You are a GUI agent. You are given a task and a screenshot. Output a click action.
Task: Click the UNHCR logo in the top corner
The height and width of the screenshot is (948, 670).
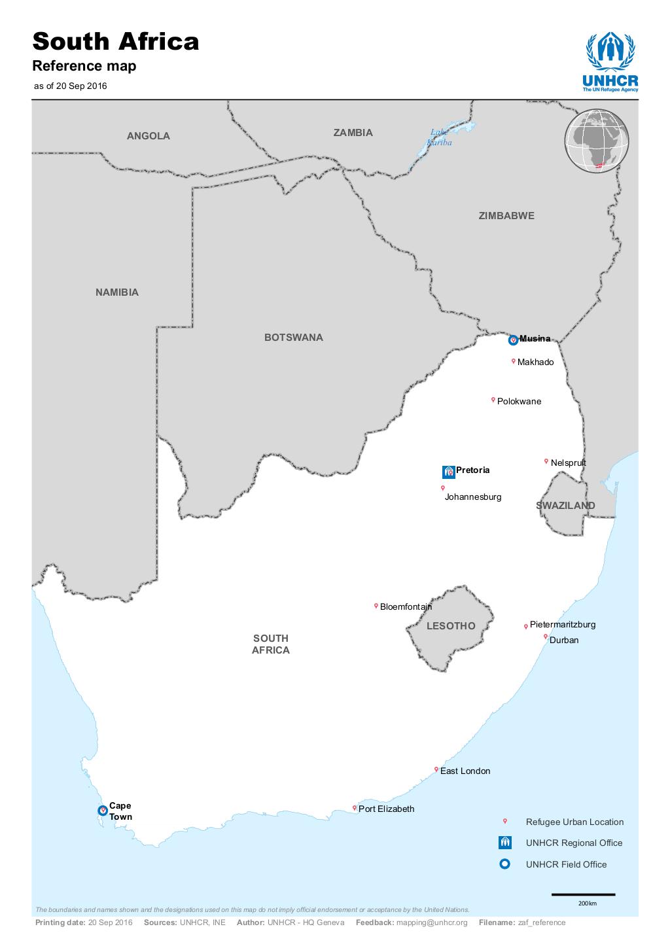[x=610, y=63]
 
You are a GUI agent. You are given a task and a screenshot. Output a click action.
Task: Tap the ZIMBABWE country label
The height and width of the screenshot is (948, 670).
[x=506, y=216]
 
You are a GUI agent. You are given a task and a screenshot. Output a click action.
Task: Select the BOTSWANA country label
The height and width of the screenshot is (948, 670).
[x=293, y=338]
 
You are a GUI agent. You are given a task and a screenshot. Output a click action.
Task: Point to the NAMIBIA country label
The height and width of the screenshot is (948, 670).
[x=117, y=292]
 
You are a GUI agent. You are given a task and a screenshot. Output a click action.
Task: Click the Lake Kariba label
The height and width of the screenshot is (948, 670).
[x=439, y=137]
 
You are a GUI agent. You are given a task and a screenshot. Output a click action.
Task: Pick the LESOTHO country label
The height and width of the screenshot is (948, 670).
[x=451, y=626]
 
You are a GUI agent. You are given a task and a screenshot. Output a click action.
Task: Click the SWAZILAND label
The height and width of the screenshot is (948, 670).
[x=565, y=506]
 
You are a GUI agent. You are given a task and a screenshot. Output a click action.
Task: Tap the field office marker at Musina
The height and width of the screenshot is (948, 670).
[x=513, y=340]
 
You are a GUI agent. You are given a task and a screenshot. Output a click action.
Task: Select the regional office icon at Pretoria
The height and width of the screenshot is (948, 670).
[x=448, y=471]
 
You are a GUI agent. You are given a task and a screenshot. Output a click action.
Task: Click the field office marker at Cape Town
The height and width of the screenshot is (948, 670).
[x=102, y=811]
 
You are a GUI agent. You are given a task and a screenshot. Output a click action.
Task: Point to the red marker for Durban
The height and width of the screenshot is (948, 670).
[x=546, y=637]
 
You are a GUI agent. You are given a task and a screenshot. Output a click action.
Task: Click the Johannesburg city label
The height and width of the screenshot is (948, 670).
[x=473, y=497]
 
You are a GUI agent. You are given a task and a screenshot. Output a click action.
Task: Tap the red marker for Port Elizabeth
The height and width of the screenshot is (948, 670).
[x=355, y=808]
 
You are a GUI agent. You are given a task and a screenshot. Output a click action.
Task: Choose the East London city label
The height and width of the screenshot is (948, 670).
[x=465, y=771]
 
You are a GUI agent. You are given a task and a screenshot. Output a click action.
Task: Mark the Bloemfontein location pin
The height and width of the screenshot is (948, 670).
[x=376, y=606]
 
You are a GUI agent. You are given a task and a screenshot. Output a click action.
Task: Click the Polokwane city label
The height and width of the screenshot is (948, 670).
[x=519, y=402]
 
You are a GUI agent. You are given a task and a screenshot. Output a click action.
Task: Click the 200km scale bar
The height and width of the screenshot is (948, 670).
[x=583, y=894]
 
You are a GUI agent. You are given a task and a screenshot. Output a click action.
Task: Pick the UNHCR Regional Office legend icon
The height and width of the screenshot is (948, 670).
[x=504, y=843]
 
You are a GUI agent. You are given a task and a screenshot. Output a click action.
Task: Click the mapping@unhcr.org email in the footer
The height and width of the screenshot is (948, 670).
[x=432, y=922]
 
